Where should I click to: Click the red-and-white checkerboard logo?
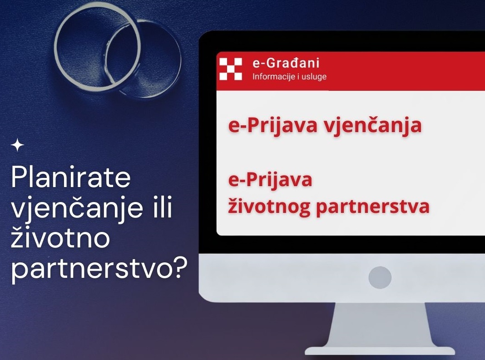tap(231, 69)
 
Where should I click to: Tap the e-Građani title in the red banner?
tap(286, 63)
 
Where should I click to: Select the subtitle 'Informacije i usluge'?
tap(290, 77)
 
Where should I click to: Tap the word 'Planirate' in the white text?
tap(71, 178)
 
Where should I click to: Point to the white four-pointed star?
tap(17, 145)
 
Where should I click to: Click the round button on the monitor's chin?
tap(380, 277)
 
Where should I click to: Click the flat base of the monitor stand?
tap(380, 350)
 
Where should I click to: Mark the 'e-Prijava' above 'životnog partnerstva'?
tap(270, 180)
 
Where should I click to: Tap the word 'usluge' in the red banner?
tap(314, 77)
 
